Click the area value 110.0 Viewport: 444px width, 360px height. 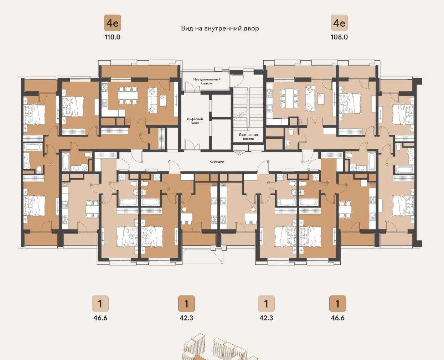112,37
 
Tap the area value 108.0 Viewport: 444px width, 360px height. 339,37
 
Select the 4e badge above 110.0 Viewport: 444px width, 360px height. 113,23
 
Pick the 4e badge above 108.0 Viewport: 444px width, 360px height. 339,23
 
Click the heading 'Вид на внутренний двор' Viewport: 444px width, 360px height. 220,29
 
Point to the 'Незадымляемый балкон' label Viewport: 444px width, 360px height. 207,81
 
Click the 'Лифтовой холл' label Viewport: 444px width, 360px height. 195,121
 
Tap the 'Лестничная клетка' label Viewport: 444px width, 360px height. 248,137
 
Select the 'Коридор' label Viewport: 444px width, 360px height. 217,161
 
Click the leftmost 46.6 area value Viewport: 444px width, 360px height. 100,318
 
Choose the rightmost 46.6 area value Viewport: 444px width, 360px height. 337,318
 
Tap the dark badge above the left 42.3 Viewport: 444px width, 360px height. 187,304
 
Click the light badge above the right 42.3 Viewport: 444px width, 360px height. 267,304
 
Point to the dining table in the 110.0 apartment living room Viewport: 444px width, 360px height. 128,96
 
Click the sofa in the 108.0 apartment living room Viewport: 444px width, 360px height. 310,98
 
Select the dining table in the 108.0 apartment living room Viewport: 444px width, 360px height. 289,98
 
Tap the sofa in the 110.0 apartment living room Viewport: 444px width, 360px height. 153,100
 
